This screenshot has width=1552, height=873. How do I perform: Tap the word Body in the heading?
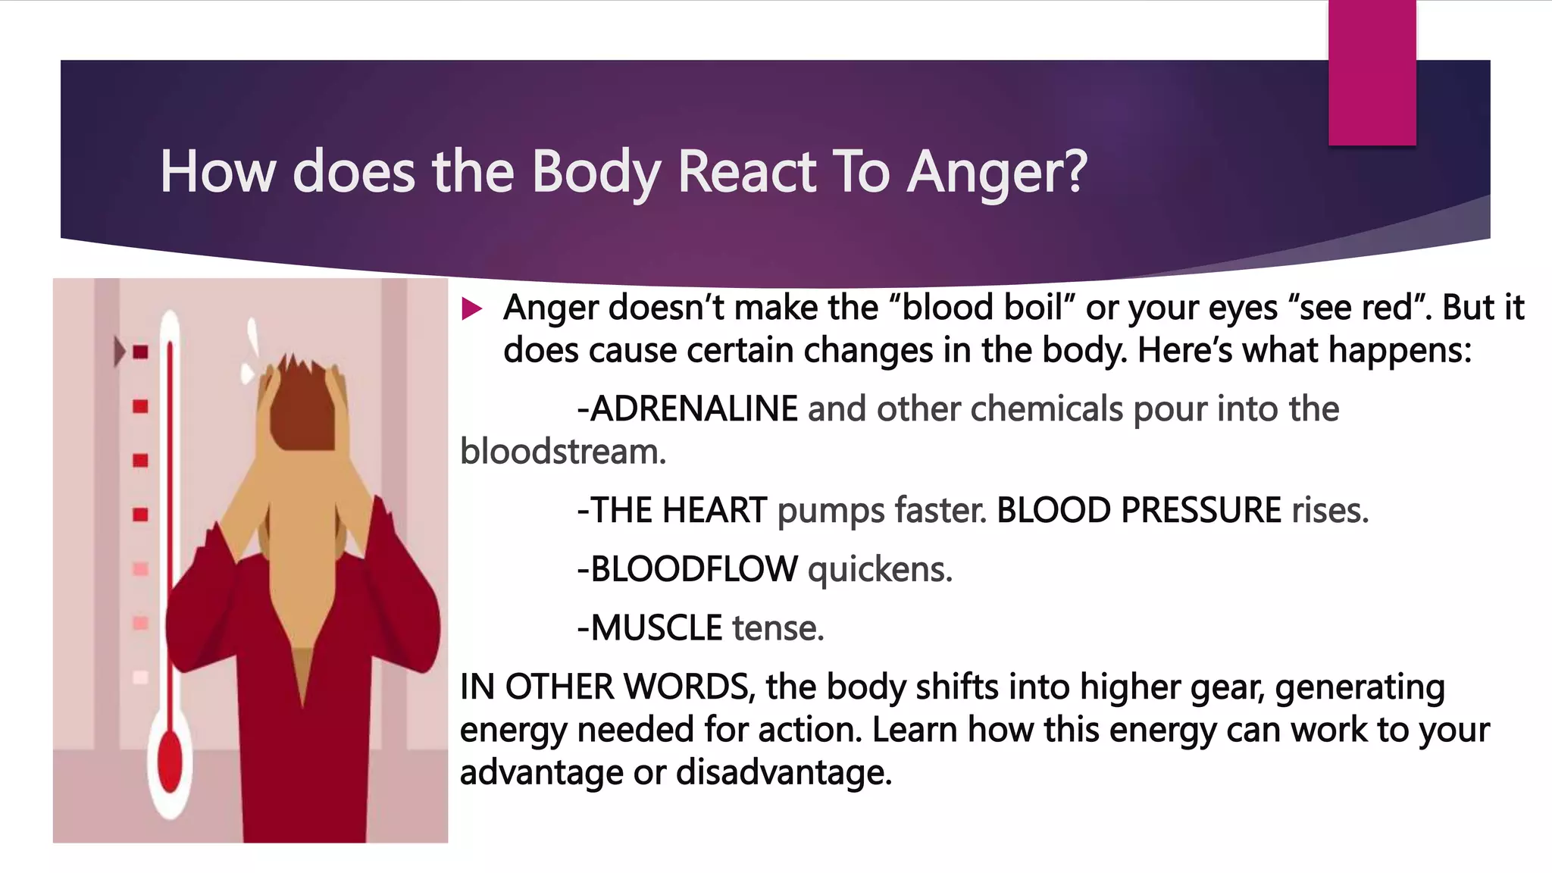tap(596, 172)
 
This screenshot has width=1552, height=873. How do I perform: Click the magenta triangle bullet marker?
tap(471, 308)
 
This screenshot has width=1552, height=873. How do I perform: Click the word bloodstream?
tap(562, 452)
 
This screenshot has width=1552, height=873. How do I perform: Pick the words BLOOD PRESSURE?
tap(1138, 511)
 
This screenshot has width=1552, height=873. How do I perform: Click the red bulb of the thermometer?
tap(171, 762)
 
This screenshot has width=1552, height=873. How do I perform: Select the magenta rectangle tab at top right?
tap(1372, 72)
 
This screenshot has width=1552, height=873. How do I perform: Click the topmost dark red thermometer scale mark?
tap(141, 352)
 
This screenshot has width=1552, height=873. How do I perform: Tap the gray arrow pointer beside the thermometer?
tap(119, 352)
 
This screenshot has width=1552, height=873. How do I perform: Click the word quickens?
tap(880, 570)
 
